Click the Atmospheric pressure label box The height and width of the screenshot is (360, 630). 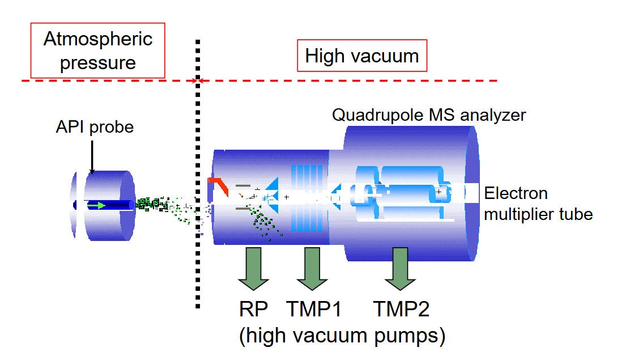point(98,50)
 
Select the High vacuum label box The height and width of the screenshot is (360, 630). point(362,56)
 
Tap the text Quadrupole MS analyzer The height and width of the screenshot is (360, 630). point(429,115)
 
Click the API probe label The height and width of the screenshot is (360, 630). point(95,126)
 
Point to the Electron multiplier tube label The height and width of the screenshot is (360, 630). point(538,204)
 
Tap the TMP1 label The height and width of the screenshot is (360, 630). point(314,309)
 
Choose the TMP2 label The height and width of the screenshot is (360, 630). point(401,309)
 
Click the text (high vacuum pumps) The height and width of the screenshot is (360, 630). point(342,336)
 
